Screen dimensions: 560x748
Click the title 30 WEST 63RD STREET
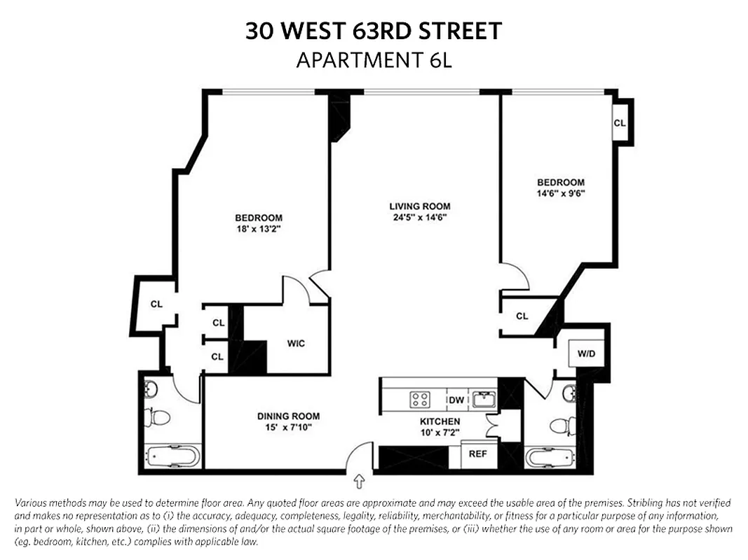pyautogui.click(x=374, y=31)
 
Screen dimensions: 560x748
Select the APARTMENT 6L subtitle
pyautogui.click(x=374, y=60)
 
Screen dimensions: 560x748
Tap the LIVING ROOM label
pyautogui.click(x=419, y=206)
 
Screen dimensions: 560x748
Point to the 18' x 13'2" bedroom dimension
pyautogui.click(x=259, y=228)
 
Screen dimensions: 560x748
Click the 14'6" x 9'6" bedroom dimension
pyautogui.click(x=560, y=193)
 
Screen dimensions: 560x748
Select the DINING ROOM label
pyautogui.click(x=288, y=416)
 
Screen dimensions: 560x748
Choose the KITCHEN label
pyautogui.click(x=440, y=421)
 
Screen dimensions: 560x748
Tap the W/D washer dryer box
pyautogui.click(x=586, y=353)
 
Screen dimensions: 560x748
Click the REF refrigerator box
pyautogui.click(x=477, y=454)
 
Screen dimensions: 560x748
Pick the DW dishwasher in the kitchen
pyautogui.click(x=456, y=400)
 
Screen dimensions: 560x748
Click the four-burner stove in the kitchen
pyautogui.click(x=420, y=400)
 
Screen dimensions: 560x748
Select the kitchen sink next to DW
pyautogui.click(x=484, y=400)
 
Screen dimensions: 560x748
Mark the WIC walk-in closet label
pyautogui.click(x=296, y=344)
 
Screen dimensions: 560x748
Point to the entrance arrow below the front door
pyautogui.click(x=360, y=482)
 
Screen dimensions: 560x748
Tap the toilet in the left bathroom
pyautogui.click(x=157, y=418)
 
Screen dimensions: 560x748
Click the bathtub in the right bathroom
pyautogui.click(x=550, y=458)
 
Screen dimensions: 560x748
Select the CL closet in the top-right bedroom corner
pyautogui.click(x=619, y=122)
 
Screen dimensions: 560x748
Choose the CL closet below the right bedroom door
pyautogui.click(x=522, y=316)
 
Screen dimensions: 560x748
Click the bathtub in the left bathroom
pyautogui.click(x=172, y=458)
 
